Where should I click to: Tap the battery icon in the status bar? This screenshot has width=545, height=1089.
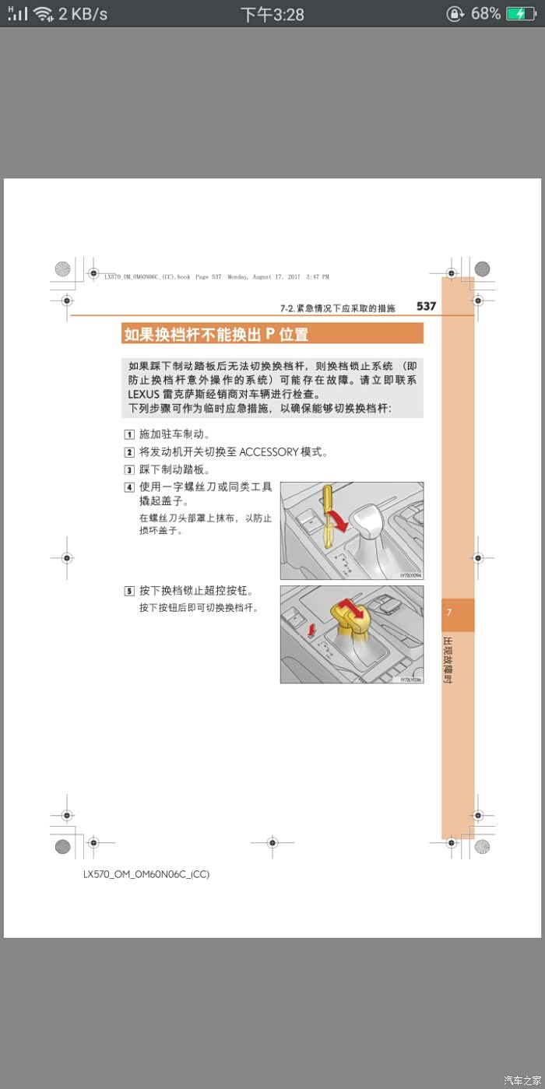coord(520,14)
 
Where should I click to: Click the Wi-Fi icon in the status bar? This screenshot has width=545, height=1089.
coord(44,14)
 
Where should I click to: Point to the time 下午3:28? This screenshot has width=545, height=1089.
coord(272,15)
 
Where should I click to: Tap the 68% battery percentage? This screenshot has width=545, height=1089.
coord(485,14)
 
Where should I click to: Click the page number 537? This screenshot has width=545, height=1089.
coord(426,307)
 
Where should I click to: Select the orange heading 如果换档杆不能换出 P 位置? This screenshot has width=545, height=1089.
coord(216,335)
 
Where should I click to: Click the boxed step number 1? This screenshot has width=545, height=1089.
coord(129,435)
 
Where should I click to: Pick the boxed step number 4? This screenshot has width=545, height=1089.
coord(129,487)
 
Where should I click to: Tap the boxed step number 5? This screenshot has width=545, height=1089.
coord(129,591)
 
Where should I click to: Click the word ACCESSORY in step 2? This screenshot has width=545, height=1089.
coord(269,452)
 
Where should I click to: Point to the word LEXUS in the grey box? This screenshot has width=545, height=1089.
coord(143,395)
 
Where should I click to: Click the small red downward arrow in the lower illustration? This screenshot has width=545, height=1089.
coord(312,627)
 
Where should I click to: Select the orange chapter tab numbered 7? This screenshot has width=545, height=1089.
coord(457,613)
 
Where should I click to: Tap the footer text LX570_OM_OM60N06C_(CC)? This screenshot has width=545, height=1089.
coord(146,874)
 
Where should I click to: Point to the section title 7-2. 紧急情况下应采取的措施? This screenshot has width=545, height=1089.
coord(338,308)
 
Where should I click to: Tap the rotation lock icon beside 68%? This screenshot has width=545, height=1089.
coord(455,14)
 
